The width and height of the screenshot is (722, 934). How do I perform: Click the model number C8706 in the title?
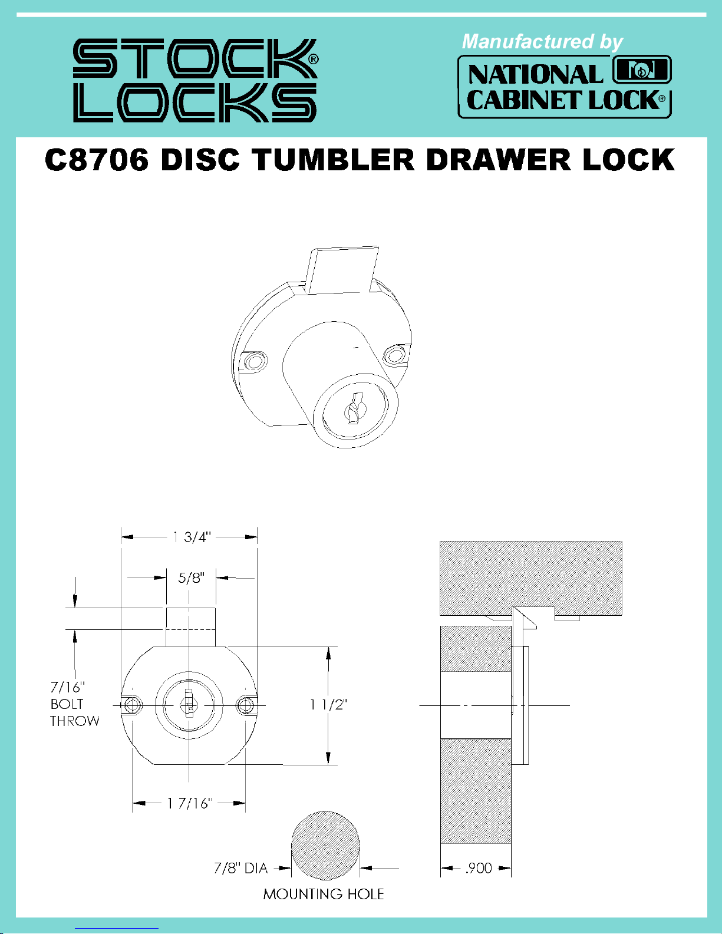pos(97,160)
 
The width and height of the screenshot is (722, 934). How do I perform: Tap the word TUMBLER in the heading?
pos(333,160)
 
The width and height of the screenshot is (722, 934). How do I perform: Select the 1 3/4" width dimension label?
pos(192,537)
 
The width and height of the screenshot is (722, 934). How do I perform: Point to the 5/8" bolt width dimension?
pos(191,577)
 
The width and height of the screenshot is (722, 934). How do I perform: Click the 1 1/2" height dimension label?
pos(329,704)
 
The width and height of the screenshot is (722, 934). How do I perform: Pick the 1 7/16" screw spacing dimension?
pos(190,803)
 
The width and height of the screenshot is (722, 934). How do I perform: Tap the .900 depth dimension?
pos(479,868)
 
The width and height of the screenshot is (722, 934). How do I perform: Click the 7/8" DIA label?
pos(240,868)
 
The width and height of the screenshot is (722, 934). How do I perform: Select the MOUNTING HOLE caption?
pos(324,894)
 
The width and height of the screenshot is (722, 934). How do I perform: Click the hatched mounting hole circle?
pos(325,846)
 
